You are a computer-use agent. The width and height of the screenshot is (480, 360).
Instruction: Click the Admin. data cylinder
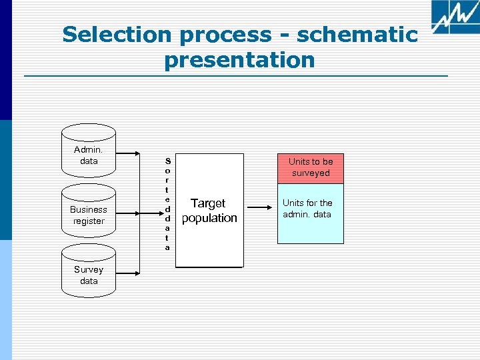[88, 155]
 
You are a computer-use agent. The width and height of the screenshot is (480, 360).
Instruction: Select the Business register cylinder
[88, 215]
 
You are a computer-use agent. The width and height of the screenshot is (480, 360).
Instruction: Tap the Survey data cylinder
[88, 275]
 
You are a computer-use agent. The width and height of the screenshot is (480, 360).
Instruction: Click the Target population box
[209, 211]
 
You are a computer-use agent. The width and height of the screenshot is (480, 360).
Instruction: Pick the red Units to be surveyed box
[311, 167]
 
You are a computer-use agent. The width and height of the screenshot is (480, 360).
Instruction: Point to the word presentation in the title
[239, 60]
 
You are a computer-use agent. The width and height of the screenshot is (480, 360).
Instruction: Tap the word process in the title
[222, 35]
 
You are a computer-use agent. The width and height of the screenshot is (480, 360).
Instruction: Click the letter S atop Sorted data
[167, 161]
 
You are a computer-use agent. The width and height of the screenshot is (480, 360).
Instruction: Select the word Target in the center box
[208, 203]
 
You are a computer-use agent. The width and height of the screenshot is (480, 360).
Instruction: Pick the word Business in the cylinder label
[89, 209]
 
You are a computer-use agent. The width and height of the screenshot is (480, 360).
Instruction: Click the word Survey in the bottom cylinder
[89, 270]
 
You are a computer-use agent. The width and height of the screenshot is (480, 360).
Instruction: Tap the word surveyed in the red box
[311, 173]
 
